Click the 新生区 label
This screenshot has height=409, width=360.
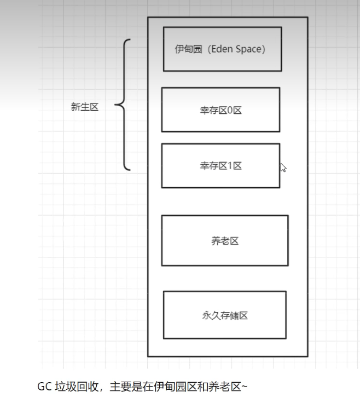(85, 107)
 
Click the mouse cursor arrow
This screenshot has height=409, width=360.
(283, 168)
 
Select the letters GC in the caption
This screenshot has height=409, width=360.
(44, 387)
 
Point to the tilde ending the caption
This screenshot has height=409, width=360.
(245, 387)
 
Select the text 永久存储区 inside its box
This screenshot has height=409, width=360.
(224, 316)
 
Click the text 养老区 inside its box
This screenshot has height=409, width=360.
(225, 241)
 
